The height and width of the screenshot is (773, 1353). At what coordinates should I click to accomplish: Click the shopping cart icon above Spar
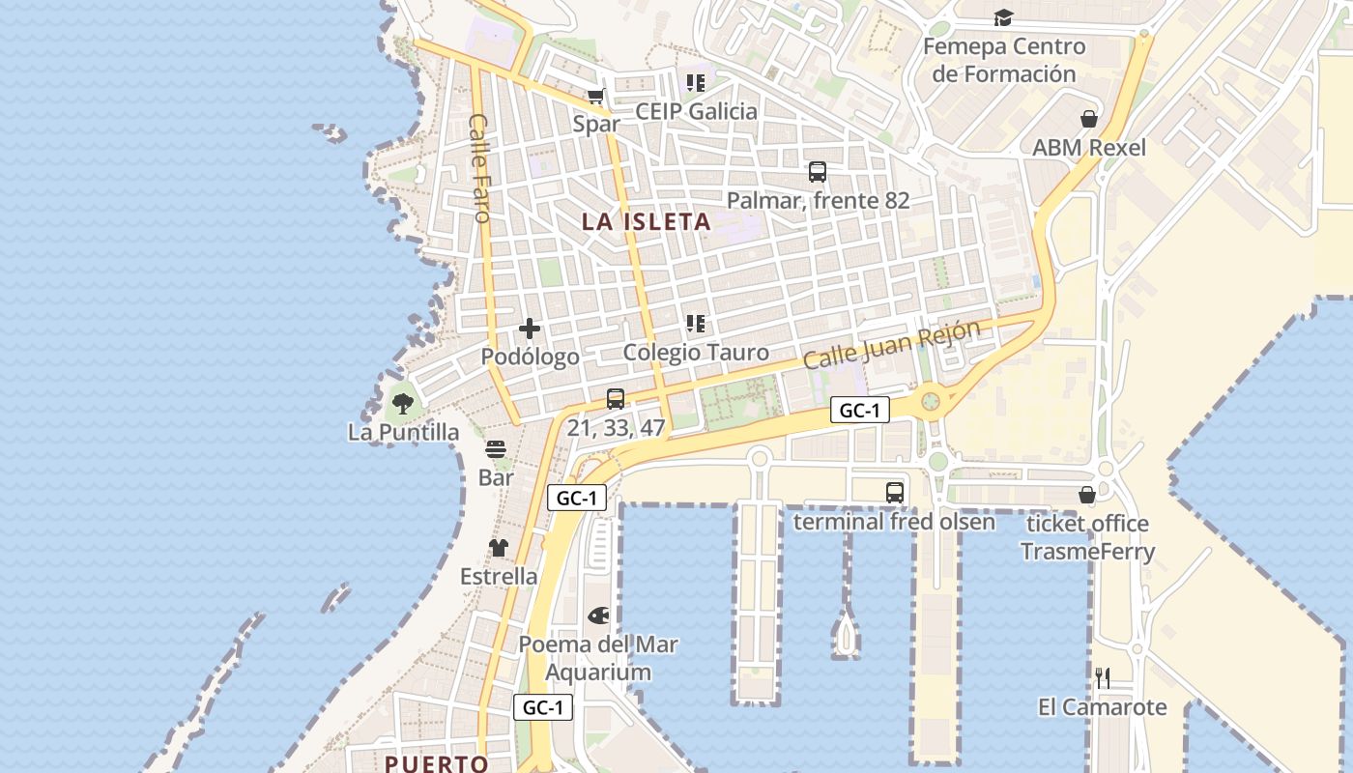tap(595, 96)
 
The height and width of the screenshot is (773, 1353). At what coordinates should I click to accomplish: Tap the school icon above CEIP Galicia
tap(695, 83)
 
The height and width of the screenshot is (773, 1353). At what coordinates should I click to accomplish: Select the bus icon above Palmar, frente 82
tap(818, 172)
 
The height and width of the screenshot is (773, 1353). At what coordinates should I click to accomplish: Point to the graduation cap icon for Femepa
tap(1003, 17)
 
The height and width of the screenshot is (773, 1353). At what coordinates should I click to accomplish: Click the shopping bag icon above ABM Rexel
tap(1089, 119)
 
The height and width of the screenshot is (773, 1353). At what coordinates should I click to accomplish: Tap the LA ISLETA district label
tap(646, 222)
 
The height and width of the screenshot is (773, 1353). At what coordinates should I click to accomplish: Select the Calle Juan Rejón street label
tap(891, 344)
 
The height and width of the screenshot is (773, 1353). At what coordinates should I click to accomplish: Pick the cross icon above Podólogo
tap(530, 329)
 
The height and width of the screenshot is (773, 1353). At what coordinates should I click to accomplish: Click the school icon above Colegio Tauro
tap(695, 324)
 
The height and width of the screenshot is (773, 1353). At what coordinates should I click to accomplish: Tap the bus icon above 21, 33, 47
tap(616, 398)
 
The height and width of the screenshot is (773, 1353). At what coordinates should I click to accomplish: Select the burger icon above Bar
tap(496, 449)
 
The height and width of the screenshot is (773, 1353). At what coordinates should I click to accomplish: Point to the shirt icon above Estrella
tap(498, 548)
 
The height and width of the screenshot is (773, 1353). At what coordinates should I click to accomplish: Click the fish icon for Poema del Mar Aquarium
tap(598, 616)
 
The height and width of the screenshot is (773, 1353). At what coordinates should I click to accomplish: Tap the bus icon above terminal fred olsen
tap(895, 493)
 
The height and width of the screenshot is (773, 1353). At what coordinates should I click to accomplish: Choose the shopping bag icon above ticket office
tap(1087, 495)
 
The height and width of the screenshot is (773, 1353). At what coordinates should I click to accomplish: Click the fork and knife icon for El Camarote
tap(1102, 677)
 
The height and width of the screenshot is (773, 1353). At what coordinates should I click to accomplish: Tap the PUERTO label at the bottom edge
tap(437, 763)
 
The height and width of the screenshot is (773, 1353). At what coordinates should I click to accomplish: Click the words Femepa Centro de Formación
tap(1004, 60)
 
